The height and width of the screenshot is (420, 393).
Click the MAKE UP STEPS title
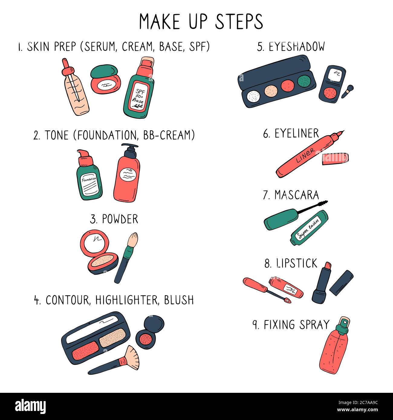click(x=201, y=21)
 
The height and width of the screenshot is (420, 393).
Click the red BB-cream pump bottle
click(x=127, y=178)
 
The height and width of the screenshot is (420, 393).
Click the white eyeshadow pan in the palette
click(x=253, y=96)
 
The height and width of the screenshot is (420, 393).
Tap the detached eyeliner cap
click(x=335, y=158)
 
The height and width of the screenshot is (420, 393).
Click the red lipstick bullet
click(x=327, y=268)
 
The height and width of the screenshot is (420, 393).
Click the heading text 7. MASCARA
click(x=291, y=195)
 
